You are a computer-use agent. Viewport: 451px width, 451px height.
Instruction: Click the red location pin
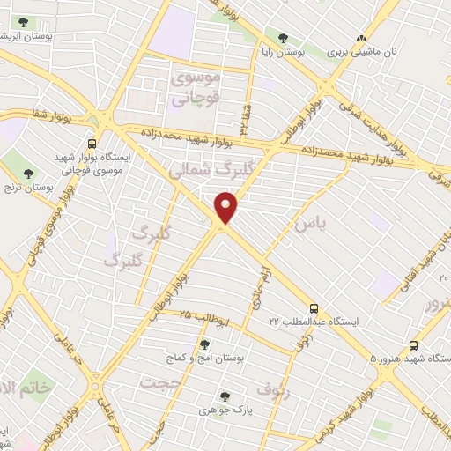click(x=227, y=207)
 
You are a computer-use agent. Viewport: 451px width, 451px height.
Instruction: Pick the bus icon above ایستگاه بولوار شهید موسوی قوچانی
click(x=92, y=144)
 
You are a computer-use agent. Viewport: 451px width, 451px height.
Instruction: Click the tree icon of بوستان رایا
click(x=283, y=38)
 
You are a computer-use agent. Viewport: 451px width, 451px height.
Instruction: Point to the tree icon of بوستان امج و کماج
click(x=204, y=344)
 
